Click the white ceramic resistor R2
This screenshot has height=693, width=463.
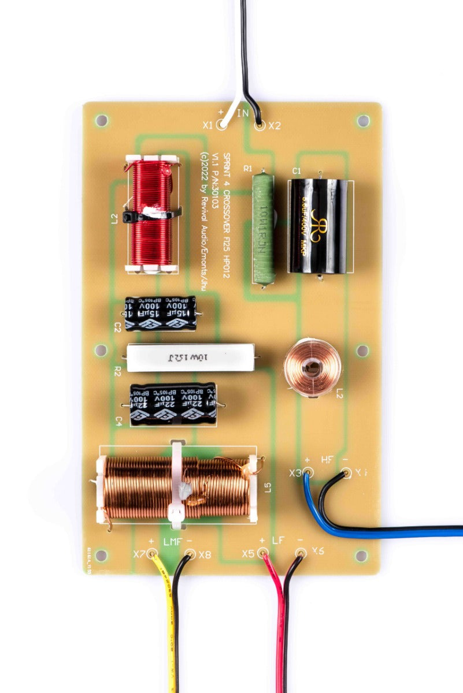(190, 357)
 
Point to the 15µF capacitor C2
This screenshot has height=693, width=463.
(161, 314)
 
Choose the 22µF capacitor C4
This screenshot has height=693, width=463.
(173, 404)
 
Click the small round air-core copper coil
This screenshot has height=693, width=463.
(312, 367)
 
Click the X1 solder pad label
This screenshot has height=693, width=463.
(208, 125)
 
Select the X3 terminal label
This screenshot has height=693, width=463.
(295, 473)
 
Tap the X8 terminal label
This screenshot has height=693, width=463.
(205, 555)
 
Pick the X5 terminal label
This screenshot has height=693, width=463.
(249, 553)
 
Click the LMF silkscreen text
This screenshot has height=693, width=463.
(172, 542)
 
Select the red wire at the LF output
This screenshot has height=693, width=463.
(279, 624)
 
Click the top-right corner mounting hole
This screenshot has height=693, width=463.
(363, 121)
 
